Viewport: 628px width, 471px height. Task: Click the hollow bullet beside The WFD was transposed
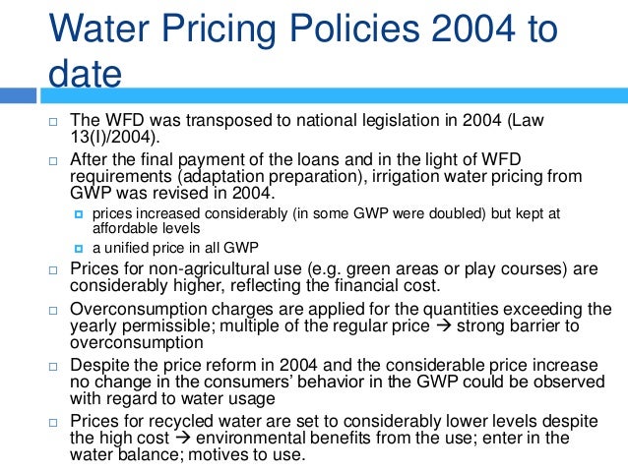pyautogui.click(x=54, y=121)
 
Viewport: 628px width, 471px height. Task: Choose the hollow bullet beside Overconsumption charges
pyautogui.click(x=54, y=309)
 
